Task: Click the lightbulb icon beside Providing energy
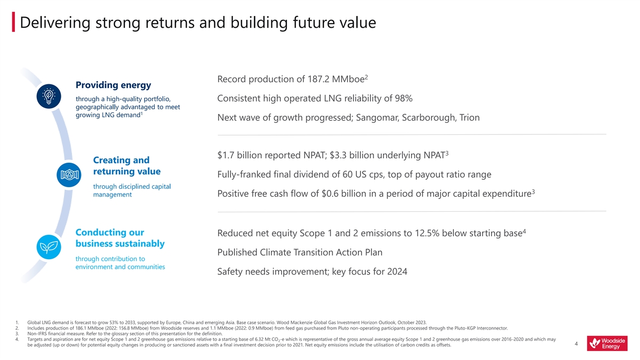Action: point(49,97)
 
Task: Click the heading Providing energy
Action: point(114,85)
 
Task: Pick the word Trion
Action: point(468,117)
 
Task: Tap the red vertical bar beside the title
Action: point(13,23)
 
